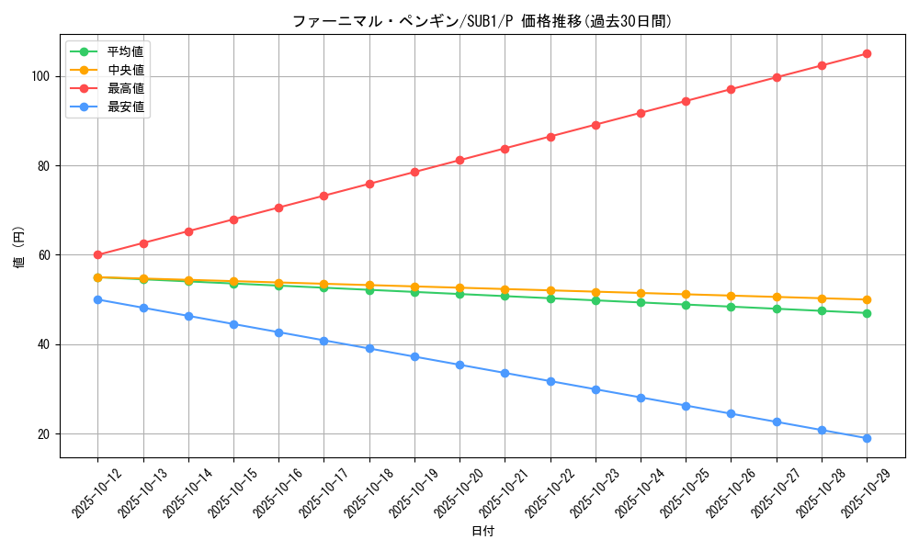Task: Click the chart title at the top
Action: [482, 21]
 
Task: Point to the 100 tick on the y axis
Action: [43, 76]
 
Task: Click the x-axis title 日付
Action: [482, 532]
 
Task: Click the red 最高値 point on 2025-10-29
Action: [867, 53]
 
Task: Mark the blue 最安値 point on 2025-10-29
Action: [867, 438]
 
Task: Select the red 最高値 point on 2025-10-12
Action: [97, 255]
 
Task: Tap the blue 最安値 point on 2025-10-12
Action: [97, 299]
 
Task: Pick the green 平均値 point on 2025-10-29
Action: [867, 313]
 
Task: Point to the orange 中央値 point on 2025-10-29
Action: [867, 299]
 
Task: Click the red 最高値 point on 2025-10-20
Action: [459, 160]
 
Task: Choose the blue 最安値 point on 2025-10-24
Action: [641, 398]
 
